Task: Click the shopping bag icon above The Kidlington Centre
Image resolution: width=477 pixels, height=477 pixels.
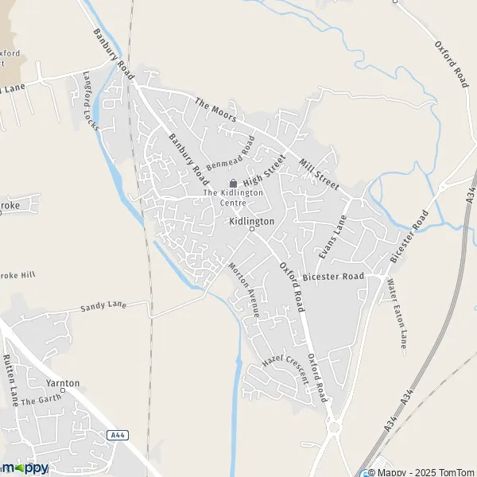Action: pyautogui.click(x=233, y=183)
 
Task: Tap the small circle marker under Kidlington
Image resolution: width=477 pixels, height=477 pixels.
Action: pyautogui.click(x=251, y=229)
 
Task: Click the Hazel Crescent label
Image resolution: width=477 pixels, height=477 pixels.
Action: pyautogui.click(x=285, y=364)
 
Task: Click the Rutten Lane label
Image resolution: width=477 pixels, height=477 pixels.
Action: pyautogui.click(x=10, y=380)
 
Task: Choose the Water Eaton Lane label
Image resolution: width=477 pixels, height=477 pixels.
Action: pyautogui.click(x=397, y=312)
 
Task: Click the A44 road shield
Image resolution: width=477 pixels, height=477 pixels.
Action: pyautogui.click(x=118, y=435)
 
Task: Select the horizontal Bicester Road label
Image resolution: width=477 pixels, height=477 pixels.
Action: pyautogui.click(x=333, y=277)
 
